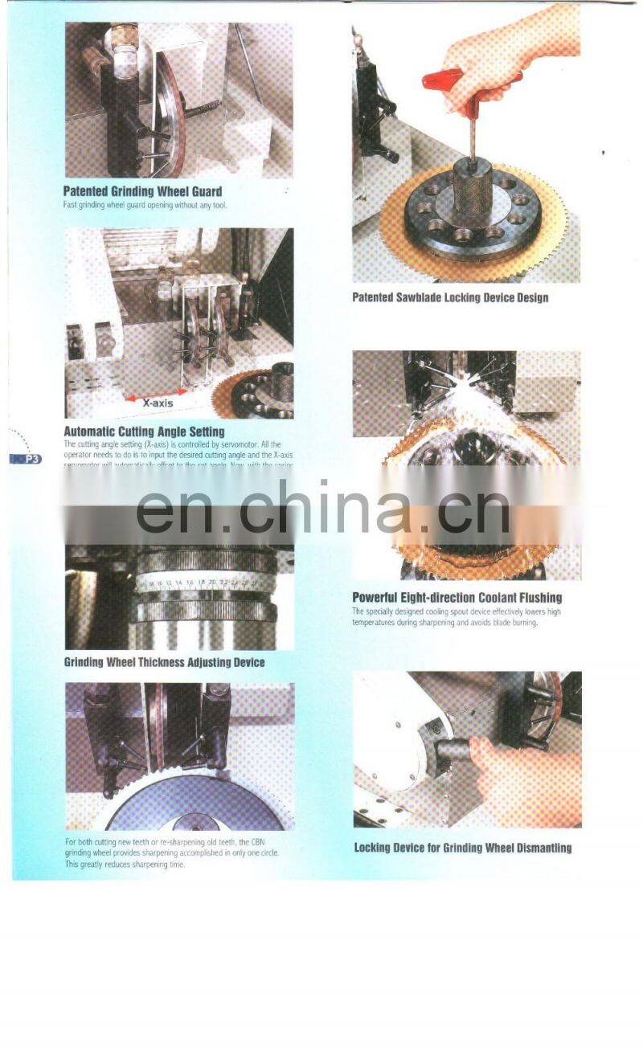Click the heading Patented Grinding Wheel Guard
(x=142, y=191)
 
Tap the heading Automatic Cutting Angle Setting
(x=144, y=431)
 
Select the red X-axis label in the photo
(x=158, y=403)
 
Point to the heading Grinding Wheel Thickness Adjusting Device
(x=164, y=662)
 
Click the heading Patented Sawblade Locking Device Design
(x=450, y=297)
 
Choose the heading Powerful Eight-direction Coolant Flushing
(x=457, y=597)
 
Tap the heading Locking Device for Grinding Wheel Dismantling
(x=462, y=848)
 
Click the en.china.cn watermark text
(x=321, y=508)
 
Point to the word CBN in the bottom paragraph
(x=269, y=842)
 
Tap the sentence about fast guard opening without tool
(x=145, y=205)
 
